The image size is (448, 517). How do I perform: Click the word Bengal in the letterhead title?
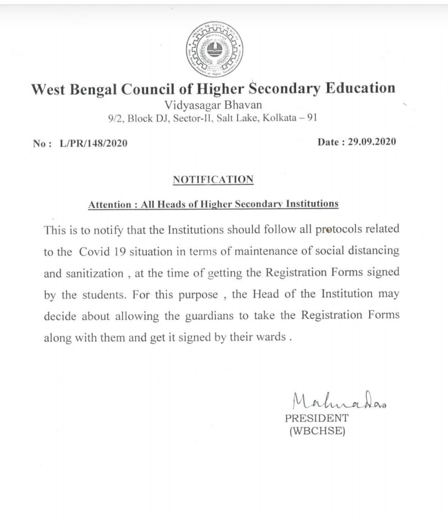(x=96, y=89)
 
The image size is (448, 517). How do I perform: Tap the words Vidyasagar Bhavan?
(x=213, y=104)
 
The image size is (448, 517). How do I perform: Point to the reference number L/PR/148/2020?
(x=93, y=143)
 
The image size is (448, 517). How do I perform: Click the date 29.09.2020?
(x=372, y=142)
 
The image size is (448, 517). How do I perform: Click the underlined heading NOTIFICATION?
(x=213, y=179)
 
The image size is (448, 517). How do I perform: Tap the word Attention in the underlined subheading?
(x=110, y=204)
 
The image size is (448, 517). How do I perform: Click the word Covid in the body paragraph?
(x=95, y=251)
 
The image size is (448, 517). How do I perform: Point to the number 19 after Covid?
(x=120, y=251)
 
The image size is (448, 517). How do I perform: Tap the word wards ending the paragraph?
(x=271, y=337)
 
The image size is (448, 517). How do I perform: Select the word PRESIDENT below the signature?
(x=317, y=418)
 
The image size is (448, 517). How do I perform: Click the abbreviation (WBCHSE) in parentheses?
(x=317, y=431)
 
